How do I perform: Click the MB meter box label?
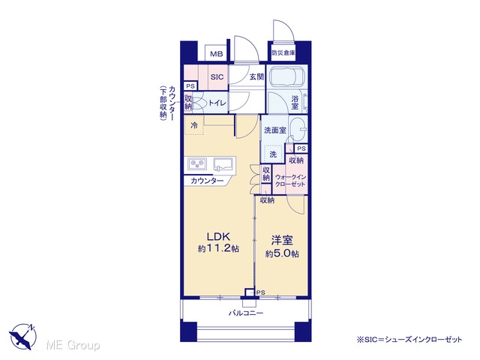(x=217, y=54)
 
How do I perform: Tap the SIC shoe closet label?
(x=217, y=76)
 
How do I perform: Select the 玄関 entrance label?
(x=256, y=76)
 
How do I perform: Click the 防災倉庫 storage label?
(x=283, y=52)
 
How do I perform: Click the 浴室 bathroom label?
(x=295, y=103)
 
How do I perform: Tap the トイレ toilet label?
(x=217, y=103)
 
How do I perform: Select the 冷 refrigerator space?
(x=193, y=125)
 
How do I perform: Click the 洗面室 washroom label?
(x=275, y=130)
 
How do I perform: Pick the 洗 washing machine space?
(x=273, y=154)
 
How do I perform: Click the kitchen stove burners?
(x=197, y=163)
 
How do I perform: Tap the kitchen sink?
(x=223, y=163)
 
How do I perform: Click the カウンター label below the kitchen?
(x=207, y=181)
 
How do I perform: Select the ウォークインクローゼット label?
(x=290, y=180)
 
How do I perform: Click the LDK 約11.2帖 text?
(x=218, y=242)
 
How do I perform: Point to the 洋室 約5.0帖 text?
(x=282, y=247)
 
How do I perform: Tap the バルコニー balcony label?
(x=246, y=313)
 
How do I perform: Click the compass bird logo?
(x=23, y=336)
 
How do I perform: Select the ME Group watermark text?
(x=73, y=345)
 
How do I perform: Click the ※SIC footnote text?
(x=409, y=340)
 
